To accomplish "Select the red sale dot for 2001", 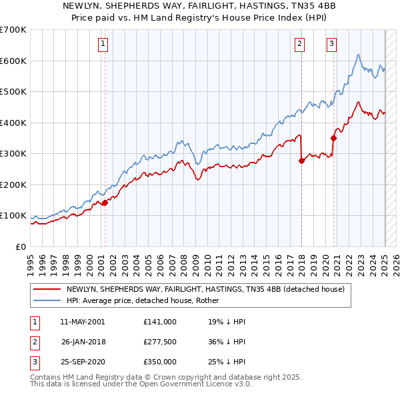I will [x=105, y=203].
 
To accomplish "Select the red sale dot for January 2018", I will [x=301, y=161].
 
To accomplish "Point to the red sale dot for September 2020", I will [x=333, y=138].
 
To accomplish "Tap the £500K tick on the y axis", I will [x=13, y=91].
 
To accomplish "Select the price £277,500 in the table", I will [x=160, y=342].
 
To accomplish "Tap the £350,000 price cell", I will [x=160, y=362].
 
